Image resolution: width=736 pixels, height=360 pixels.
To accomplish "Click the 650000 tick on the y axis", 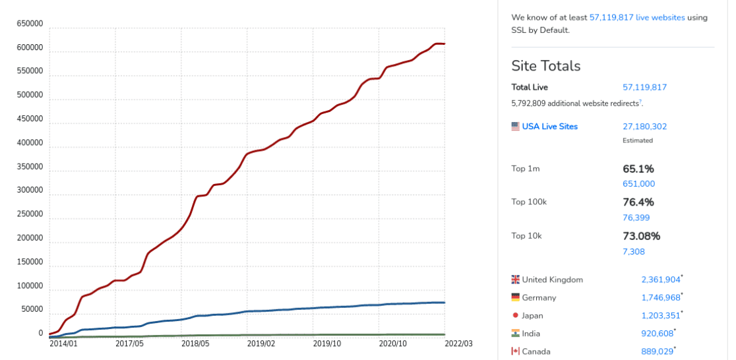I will click(30, 24).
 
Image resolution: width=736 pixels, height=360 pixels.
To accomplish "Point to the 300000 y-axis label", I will click(30, 190).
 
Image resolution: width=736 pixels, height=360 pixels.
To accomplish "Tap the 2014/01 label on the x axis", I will click(63, 344).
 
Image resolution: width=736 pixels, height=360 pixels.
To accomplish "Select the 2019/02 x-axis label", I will click(261, 344).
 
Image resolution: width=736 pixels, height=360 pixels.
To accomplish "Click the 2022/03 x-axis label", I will click(459, 344).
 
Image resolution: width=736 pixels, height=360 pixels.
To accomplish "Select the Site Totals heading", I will click(546, 66).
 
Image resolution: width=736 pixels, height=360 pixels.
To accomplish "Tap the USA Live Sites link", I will click(550, 127).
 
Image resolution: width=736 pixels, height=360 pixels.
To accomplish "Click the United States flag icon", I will click(516, 127).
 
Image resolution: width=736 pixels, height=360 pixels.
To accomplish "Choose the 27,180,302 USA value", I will click(644, 127).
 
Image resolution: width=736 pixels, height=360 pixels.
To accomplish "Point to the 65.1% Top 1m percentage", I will click(638, 169).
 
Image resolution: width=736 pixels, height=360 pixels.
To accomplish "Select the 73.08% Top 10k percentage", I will click(641, 236).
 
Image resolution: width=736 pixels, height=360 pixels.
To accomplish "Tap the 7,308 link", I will click(634, 251).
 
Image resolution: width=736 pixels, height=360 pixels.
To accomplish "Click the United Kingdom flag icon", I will click(516, 280).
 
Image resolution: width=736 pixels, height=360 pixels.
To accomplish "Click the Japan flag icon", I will click(516, 316).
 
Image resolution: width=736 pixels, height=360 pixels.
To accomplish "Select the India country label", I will click(531, 334).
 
